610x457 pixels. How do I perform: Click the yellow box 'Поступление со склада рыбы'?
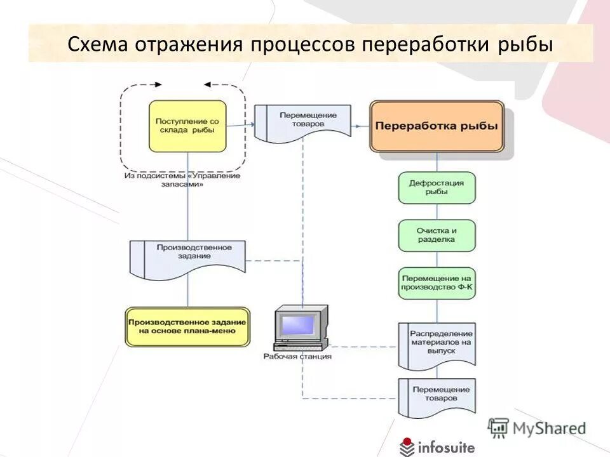[x=187, y=125]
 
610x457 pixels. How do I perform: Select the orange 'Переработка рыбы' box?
[x=437, y=126]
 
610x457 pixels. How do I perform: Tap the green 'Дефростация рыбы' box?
[x=437, y=187]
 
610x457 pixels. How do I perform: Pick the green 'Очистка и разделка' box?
[x=437, y=235]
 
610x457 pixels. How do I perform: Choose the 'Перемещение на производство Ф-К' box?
[x=437, y=283]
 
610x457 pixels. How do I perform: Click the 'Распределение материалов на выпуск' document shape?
[x=437, y=345]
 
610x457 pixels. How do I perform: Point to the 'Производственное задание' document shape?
[x=187, y=257]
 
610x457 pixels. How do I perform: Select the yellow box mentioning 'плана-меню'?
[x=187, y=327]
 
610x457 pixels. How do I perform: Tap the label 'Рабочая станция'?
[x=297, y=357]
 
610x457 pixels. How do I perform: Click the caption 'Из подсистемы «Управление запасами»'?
[x=182, y=180]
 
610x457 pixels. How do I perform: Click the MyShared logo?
[x=537, y=428]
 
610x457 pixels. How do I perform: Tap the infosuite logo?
[x=437, y=447]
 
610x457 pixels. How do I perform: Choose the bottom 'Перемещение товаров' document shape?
[x=437, y=395]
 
